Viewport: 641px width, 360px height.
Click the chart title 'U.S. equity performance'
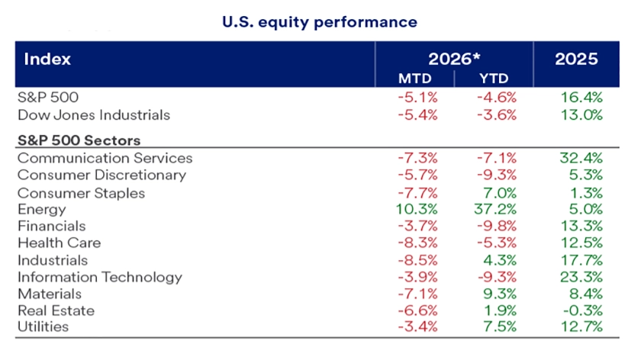(320, 22)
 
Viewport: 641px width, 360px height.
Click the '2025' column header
(577, 59)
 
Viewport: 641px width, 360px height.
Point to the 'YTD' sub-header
(493, 79)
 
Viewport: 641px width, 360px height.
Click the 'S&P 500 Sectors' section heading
(79, 140)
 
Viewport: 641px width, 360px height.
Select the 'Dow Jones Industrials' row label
(93, 115)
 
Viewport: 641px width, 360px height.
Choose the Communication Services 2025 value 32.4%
(581, 159)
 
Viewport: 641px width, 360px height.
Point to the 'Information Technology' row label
(99, 277)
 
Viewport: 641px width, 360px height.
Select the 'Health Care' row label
(59, 243)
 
